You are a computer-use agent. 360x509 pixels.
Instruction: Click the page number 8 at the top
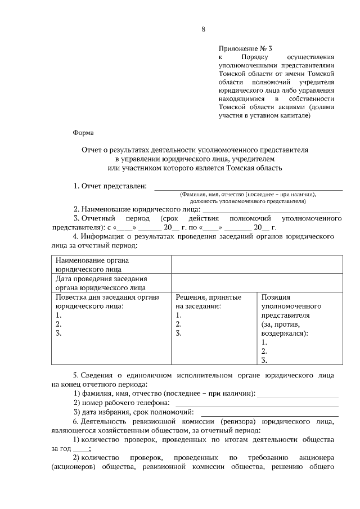click(x=203, y=30)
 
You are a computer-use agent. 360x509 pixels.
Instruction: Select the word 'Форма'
click(x=84, y=133)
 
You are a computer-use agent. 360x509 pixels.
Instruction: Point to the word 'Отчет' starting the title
click(x=92, y=150)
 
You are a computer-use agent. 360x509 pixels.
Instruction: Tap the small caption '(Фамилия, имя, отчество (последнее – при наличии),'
click(x=247, y=194)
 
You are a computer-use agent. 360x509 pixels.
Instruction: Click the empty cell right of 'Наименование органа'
click(x=256, y=264)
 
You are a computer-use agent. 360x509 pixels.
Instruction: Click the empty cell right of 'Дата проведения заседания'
click(x=256, y=283)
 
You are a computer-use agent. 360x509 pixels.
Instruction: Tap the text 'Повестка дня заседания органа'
click(x=107, y=297)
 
